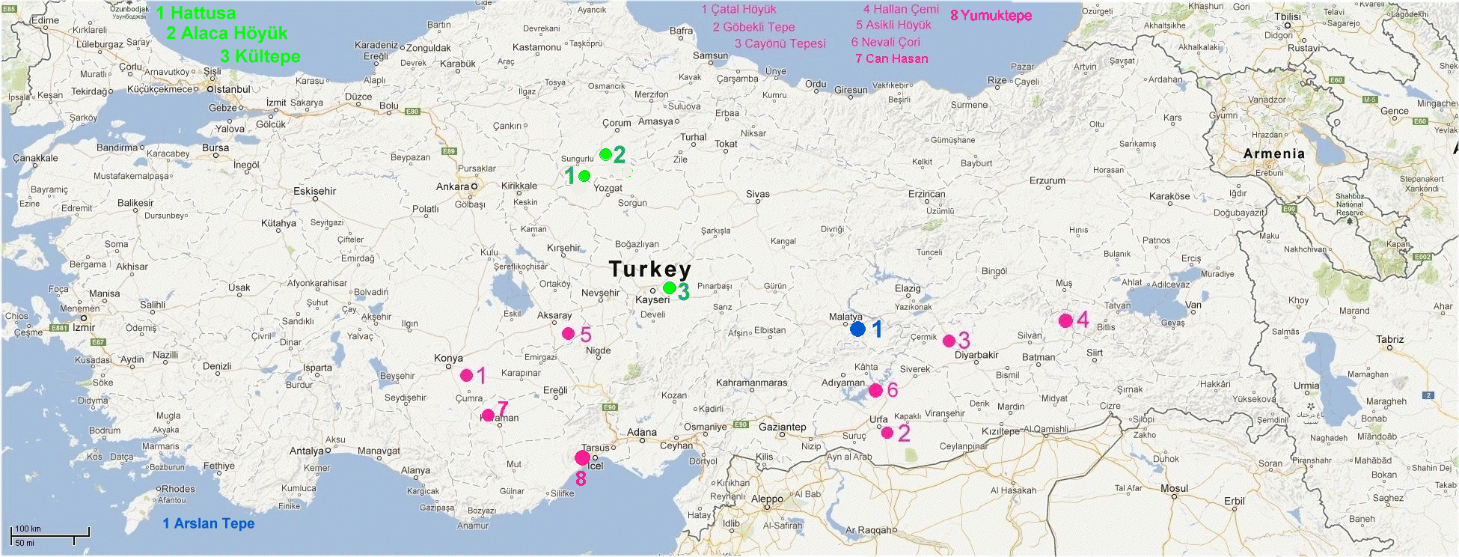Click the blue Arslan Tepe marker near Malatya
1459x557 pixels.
pos(857,328)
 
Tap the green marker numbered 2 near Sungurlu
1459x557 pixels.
pos(605,154)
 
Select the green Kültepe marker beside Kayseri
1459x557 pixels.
pos(669,287)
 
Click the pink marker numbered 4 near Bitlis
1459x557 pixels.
pos(1065,320)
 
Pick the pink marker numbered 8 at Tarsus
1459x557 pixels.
pos(582,457)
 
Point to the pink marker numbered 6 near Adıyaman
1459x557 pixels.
pos(875,390)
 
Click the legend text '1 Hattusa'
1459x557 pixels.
pos(196,13)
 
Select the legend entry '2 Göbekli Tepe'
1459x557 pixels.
pos(753,27)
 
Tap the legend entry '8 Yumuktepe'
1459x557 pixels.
pos(991,16)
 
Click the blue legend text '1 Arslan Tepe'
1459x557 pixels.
pos(209,523)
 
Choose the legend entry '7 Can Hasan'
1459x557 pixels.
pos(891,58)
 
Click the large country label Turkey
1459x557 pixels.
pos(649,269)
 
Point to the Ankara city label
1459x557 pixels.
pos(453,186)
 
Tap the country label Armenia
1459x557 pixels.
pos(1273,153)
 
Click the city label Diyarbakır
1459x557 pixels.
pos(976,355)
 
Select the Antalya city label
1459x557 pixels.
pos(307,451)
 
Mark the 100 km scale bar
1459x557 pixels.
pos(50,532)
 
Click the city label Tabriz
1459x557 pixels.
pos(1389,339)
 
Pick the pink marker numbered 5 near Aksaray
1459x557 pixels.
pos(568,333)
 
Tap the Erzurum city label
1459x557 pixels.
pos(1047,180)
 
